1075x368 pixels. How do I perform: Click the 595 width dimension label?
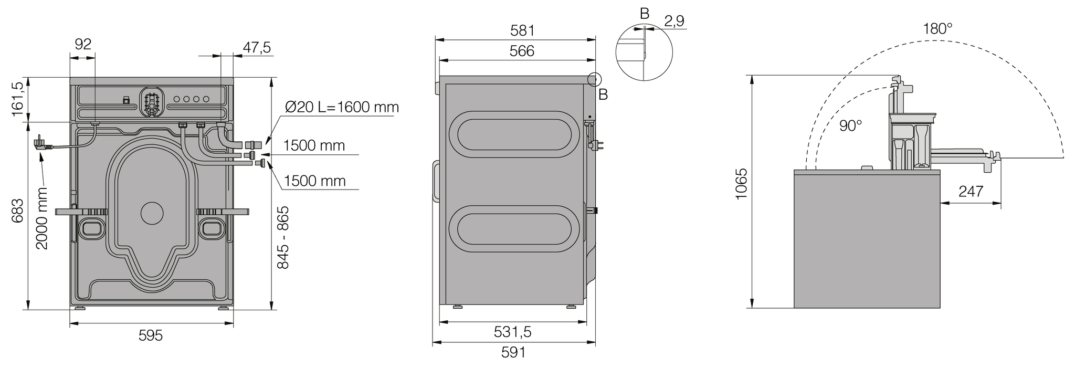[x=151, y=335]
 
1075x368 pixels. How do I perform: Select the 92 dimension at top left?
[x=83, y=44]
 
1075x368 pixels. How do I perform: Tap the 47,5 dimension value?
[x=257, y=48]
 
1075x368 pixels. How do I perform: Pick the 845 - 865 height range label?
[x=283, y=238]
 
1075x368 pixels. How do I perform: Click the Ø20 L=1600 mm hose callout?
[x=342, y=108]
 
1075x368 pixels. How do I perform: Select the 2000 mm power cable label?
[x=41, y=218]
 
